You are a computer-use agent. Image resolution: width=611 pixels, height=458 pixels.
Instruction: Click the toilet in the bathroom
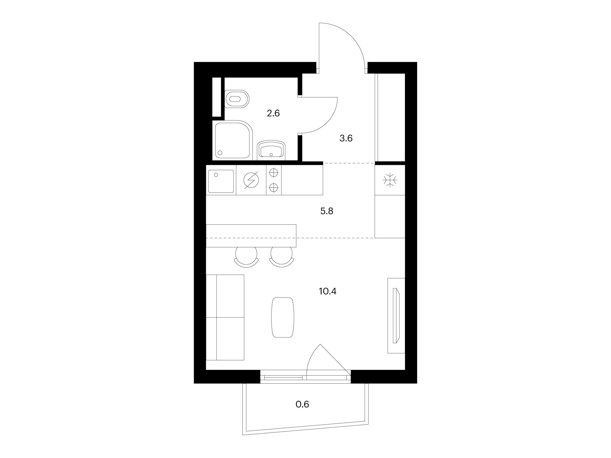click(237, 99)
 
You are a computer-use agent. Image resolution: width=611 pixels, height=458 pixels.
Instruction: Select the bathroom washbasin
click(271, 151)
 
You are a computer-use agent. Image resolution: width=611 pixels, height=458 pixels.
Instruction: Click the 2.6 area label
click(273, 113)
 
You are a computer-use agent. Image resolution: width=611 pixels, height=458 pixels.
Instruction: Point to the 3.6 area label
click(346, 138)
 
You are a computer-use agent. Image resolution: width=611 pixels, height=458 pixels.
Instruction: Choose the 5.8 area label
click(327, 211)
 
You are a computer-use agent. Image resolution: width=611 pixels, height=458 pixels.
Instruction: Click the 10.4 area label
click(328, 291)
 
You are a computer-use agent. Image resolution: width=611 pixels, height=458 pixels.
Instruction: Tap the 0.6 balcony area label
click(302, 404)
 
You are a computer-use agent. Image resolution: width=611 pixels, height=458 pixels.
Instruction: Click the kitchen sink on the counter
click(221, 181)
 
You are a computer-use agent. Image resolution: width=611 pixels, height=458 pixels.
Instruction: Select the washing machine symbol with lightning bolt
click(251, 180)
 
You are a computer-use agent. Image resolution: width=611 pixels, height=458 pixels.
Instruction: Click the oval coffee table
click(282, 317)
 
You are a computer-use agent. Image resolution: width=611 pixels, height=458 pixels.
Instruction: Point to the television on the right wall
click(396, 319)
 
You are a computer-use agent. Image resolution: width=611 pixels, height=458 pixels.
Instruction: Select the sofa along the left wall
click(225, 317)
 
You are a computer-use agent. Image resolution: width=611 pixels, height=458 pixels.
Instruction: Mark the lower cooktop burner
click(274, 188)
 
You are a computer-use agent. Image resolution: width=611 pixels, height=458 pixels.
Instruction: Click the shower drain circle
click(221, 153)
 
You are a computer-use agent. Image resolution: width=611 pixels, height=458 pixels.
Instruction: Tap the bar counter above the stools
click(251, 236)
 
